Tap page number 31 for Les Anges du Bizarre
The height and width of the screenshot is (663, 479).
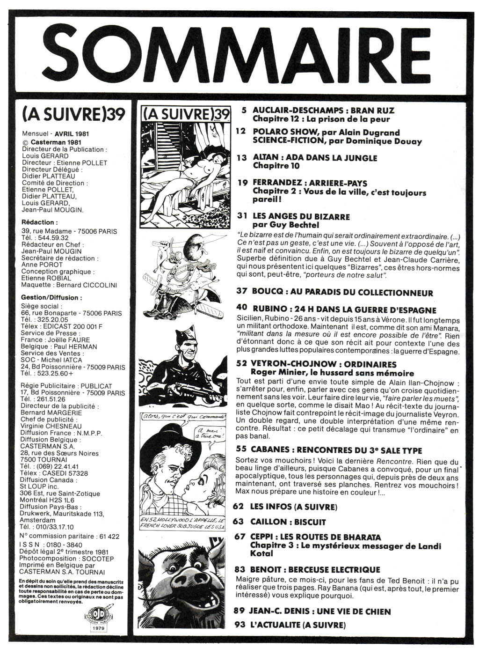(x=242, y=217)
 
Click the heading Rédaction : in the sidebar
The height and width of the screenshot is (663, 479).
(x=40, y=222)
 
